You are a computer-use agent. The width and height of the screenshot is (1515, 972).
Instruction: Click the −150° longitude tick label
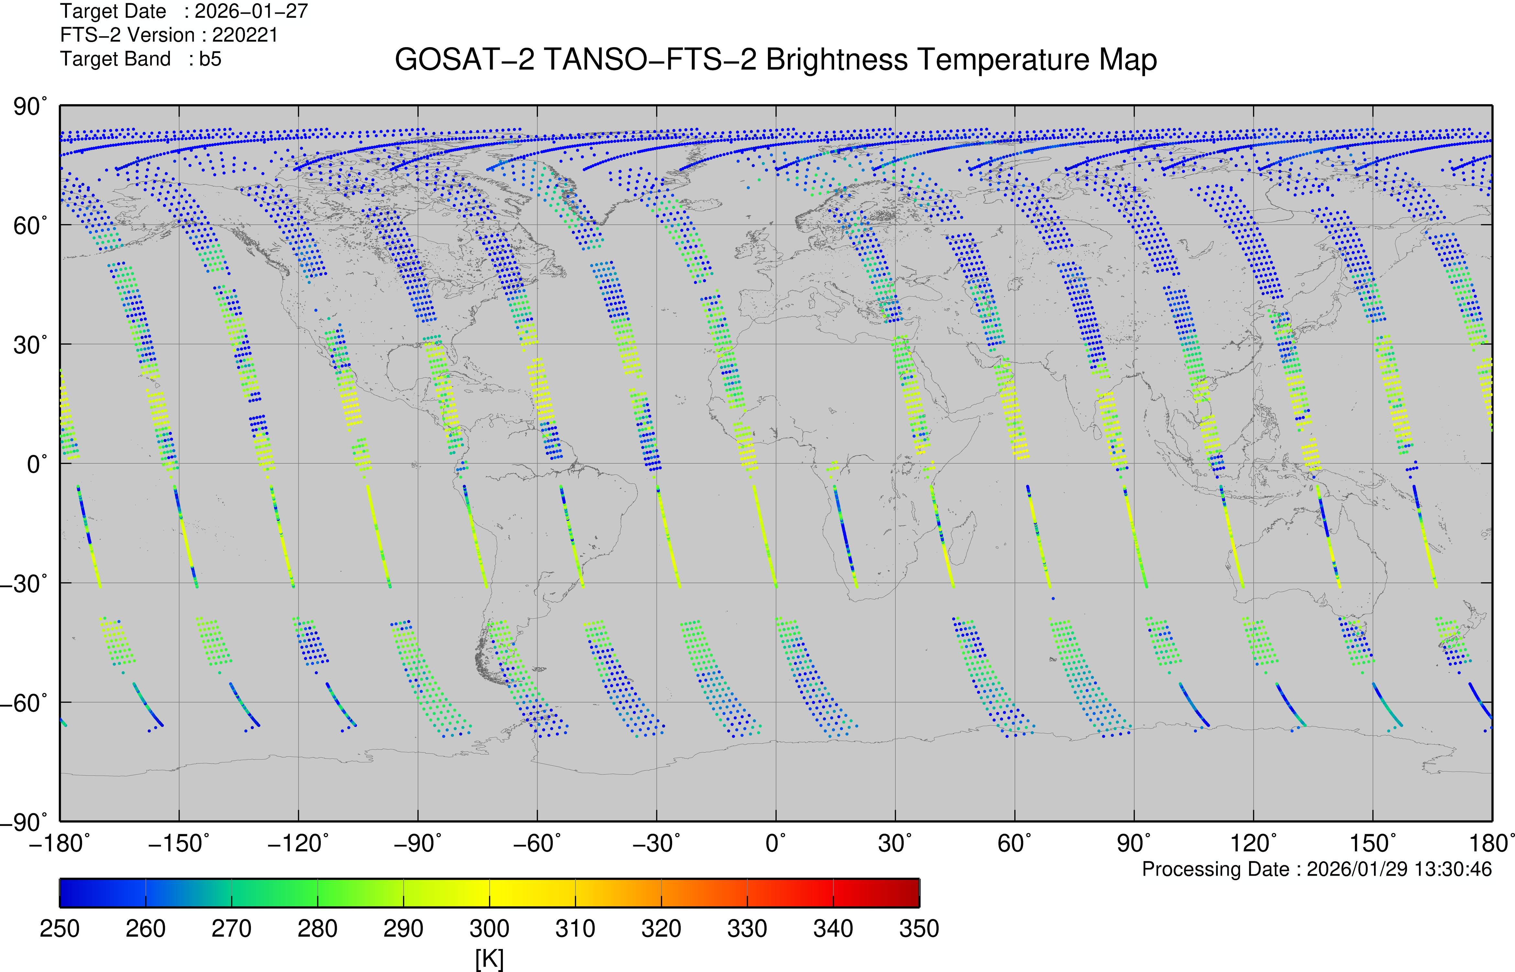pyautogui.click(x=179, y=843)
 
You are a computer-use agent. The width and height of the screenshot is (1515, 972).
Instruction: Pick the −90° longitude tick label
pyautogui.click(x=417, y=843)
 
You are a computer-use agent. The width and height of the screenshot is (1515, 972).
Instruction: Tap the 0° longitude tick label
pyautogui.click(x=776, y=843)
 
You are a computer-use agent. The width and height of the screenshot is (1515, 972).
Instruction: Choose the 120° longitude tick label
pyautogui.click(x=1253, y=843)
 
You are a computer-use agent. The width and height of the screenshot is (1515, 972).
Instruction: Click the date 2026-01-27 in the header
pyautogui.click(x=251, y=11)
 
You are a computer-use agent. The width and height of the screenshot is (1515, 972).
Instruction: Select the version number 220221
pyautogui.click(x=245, y=35)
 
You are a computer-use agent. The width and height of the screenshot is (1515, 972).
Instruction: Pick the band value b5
pyautogui.click(x=210, y=59)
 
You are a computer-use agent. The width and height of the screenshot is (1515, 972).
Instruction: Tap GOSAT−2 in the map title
pyautogui.click(x=464, y=60)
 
